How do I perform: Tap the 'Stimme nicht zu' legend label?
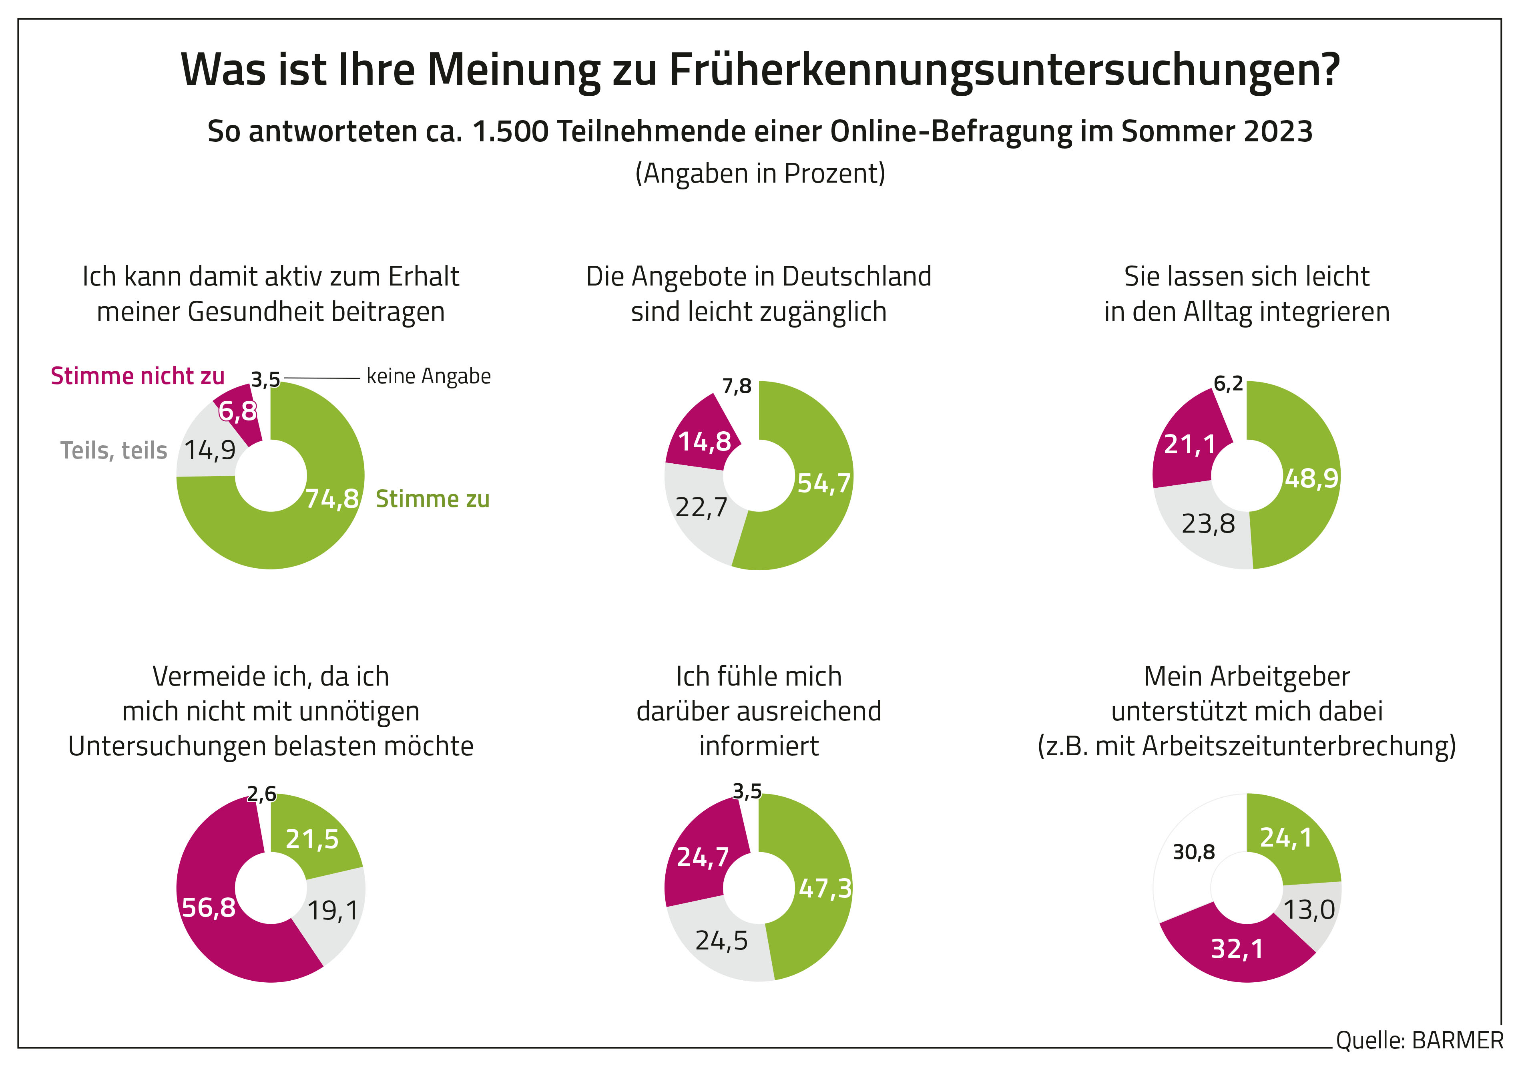[x=138, y=376]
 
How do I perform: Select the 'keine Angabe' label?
[x=428, y=377]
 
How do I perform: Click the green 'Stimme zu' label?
[x=432, y=499]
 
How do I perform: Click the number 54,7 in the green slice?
[x=823, y=483]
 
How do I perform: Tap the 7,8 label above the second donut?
[x=737, y=386]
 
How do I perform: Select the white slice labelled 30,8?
[x=1194, y=852]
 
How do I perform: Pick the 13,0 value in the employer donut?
[x=1309, y=911]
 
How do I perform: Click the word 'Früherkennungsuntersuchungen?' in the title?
[x=1005, y=70]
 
